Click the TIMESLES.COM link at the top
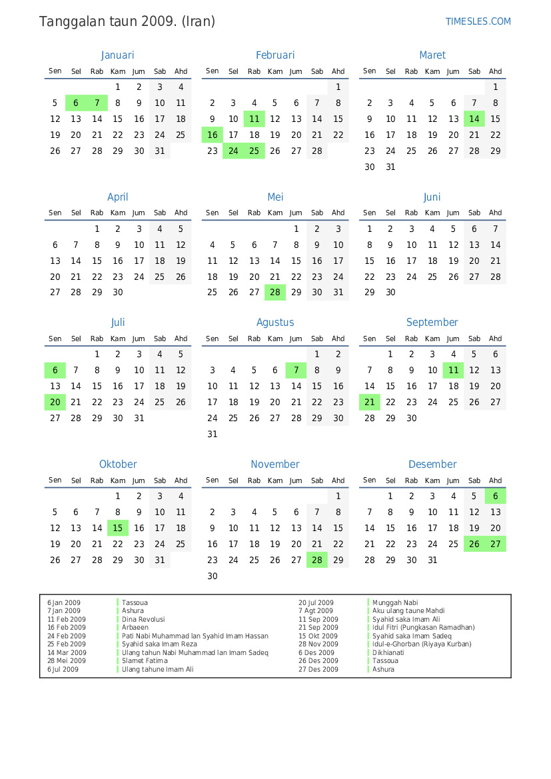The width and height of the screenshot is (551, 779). click(x=478, y=21)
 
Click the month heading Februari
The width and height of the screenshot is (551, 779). click(x=275, y=55)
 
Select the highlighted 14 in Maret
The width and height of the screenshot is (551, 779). click(x=474, y=119)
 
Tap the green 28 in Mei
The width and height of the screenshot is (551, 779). click(x=275, y=293)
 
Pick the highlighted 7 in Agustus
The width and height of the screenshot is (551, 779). click(x=296, y=371)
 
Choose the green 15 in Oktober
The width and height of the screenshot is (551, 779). click(x=118, y=528)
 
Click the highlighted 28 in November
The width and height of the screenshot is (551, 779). click(x=317, y=560)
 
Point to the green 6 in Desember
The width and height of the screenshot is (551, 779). click(x=495, y=496)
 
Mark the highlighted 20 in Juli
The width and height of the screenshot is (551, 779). click(x=55, y=402)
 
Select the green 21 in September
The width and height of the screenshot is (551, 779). click(x=370, y=402)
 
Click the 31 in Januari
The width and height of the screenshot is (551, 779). click(x=160, y=151)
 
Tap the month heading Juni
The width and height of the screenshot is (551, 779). click(x=432, y=197)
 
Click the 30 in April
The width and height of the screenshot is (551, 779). click(x=118, y=293)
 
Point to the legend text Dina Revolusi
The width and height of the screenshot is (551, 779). click(x=143, y=619)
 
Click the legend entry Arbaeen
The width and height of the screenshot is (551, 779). click(x=135, y=628)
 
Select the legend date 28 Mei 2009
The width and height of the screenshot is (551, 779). click(x=67, y=661)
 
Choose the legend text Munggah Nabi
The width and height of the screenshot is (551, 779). click(x=395, y=602)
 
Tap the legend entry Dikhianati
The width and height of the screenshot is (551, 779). click(x=388, y=652)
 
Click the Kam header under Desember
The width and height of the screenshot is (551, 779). click(x=432, y=480)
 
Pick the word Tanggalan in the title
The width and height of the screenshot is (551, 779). click(x=69, y=22)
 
